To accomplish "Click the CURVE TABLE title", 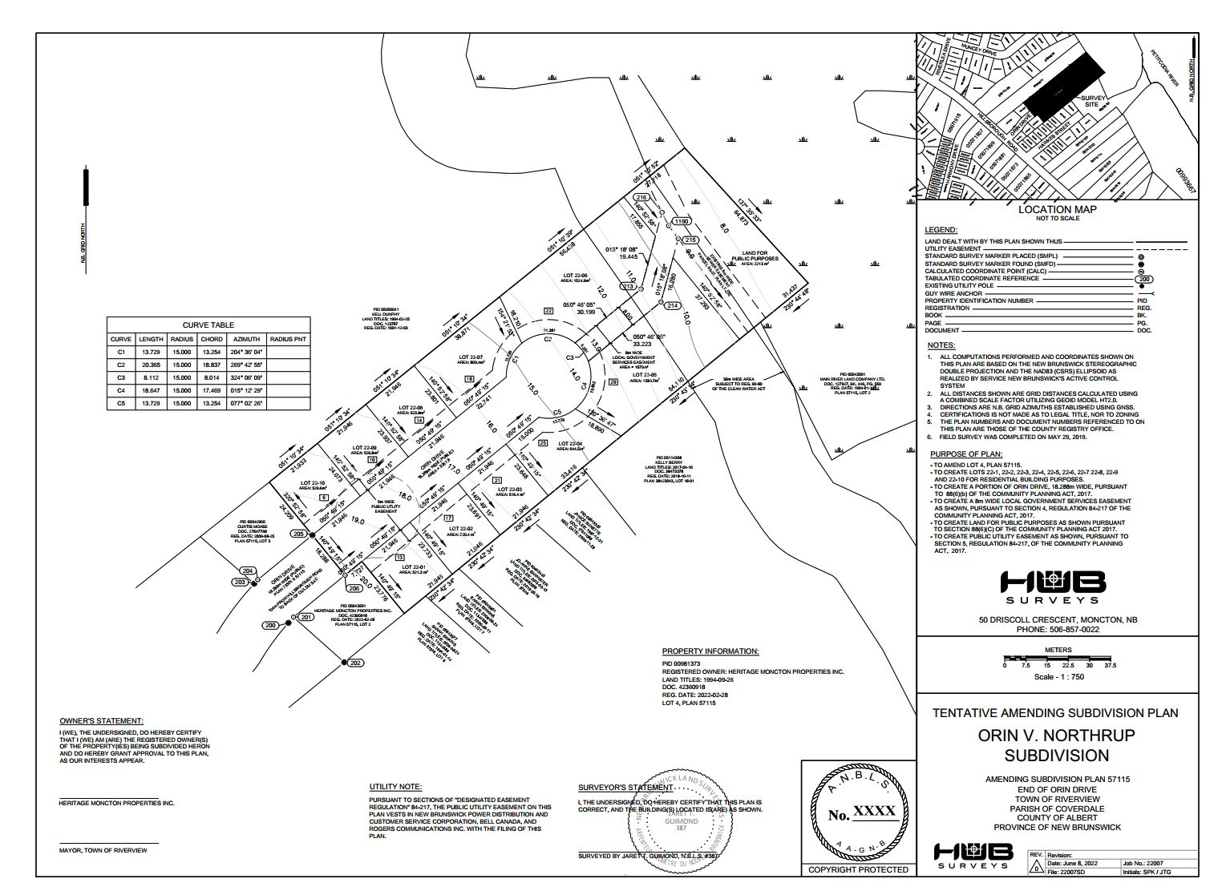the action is coord(208,325).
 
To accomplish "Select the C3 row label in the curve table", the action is coord(122,377).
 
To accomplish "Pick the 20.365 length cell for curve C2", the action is coord(151,364).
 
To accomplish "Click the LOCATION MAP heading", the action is coord(1057,210).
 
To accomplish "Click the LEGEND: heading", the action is coord(940,230).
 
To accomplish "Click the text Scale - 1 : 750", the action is coord(1058,676).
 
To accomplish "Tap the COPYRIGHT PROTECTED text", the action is coord(858,869).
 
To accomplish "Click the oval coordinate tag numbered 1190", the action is coord(681,221).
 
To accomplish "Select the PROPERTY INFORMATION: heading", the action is coord(710,651).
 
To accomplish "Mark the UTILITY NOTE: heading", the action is coord(395,788).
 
